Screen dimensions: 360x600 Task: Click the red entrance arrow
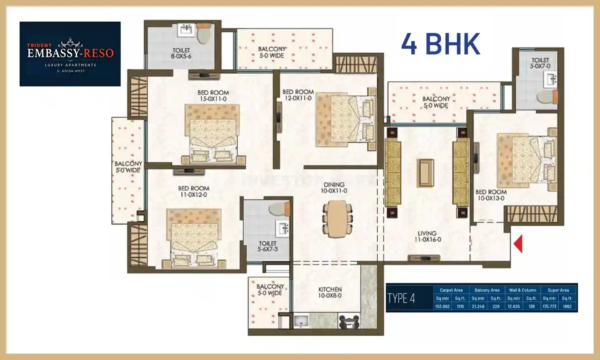[x=518, y=244]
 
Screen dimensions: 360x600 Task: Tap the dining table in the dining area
[x=338, y=218]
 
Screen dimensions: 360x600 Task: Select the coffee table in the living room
[x=426, y=173]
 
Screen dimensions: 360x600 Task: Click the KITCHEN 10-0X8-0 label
[x=330, y=292]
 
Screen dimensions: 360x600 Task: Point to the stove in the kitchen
[x=349, y=322]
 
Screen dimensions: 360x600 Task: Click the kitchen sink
[x=301, y=321]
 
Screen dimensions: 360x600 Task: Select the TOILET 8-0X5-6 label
[x=181, y=53]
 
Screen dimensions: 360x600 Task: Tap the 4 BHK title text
[x=440, y=44]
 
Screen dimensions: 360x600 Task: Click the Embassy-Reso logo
[x=70, y=54]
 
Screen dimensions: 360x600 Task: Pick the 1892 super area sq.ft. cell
[x=567, y=306]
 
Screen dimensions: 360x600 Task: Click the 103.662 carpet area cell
[x=442, y=306]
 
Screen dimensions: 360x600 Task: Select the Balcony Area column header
[x=487, y=290]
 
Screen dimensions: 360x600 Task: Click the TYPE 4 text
[x=401, y=298]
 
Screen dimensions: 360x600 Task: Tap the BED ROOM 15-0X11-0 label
[x=213, y=96]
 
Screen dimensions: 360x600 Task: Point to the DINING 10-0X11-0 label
[x=334, y=188]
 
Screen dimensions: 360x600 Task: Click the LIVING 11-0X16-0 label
[x=427, y=236]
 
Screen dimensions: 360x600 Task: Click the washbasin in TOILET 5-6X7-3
[x=283, y=228]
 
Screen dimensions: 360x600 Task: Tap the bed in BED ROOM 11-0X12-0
[x=194, y=238]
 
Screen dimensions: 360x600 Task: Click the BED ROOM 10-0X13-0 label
[x=491, y=195]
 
